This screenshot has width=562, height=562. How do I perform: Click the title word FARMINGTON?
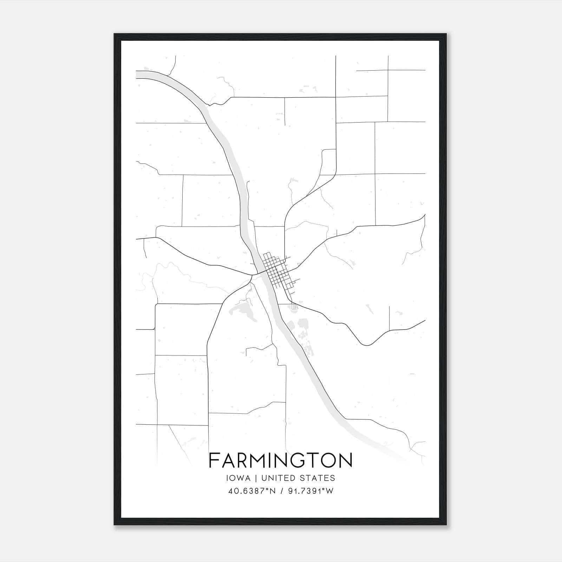pos(281,460)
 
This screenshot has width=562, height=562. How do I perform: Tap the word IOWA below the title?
pos(238,478)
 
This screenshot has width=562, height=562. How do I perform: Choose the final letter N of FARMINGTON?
pos(345,460)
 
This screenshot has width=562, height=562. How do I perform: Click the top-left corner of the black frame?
pos(115,34)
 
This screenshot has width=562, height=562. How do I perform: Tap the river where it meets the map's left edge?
pos(138,74)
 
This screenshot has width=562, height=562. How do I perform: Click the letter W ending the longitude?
pos(329,491)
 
